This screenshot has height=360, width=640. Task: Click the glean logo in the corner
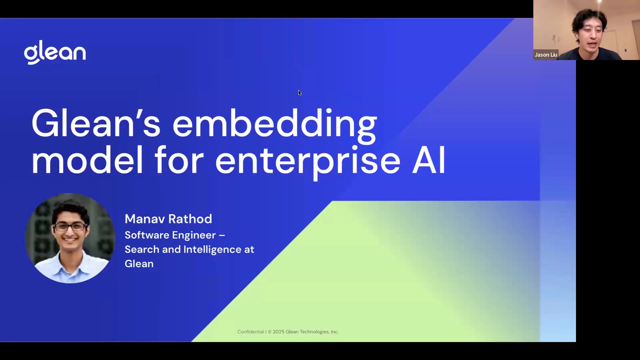[x=55, y=52]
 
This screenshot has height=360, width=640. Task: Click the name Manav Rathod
[x=168, y=219]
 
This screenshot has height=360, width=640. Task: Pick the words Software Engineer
[x=170, y=235]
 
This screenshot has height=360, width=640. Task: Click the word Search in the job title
[x=142, y=249]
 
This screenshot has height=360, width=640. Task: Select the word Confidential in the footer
[x=251, y=332]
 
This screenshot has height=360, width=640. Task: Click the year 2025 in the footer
[x=279, y=332]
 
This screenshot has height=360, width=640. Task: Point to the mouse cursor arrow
[x=300, y=93]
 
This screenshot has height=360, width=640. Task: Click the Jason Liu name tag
[x=546, y=55]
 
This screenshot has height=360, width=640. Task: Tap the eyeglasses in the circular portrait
[x=70, y=227]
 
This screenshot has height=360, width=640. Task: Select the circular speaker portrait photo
[x=70, y=238]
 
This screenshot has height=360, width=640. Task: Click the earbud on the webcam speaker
[x=577, y=35]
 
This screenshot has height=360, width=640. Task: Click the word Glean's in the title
[x=96, y=123]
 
